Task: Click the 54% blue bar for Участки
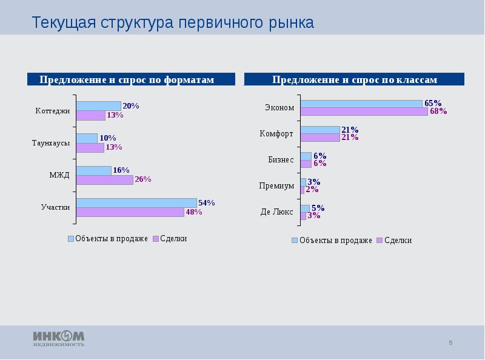pyautogui.click(x=136, y=202)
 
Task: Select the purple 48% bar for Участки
pyautogui.click(x=130, y=212)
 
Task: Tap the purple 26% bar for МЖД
pyautogui.click(x=104, y=179)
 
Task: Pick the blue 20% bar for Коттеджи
pyautogui.click(x=98, y=106)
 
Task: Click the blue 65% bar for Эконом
pyautogui.click(x=361, y=104)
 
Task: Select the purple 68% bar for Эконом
pyautogui.click(x=364, y=112)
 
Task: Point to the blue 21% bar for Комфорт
pyautogui.click(x=320, y=130)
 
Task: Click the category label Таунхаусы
pyautogui.click(x=51, y=143)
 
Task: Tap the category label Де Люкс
pyautogui.click(x=277, y=212)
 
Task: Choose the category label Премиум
pyautogui.click(x=276, y=186)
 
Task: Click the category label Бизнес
pyautogui.click(x=281, y=160)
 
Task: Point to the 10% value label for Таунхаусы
pyautogui.click(x=108, y=138)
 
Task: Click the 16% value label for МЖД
pyautogui.click(x=122, y=170)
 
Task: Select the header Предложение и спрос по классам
pyautogui.click(x=355, y=80)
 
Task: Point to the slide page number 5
pyautogui.click(x=450, y=344)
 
